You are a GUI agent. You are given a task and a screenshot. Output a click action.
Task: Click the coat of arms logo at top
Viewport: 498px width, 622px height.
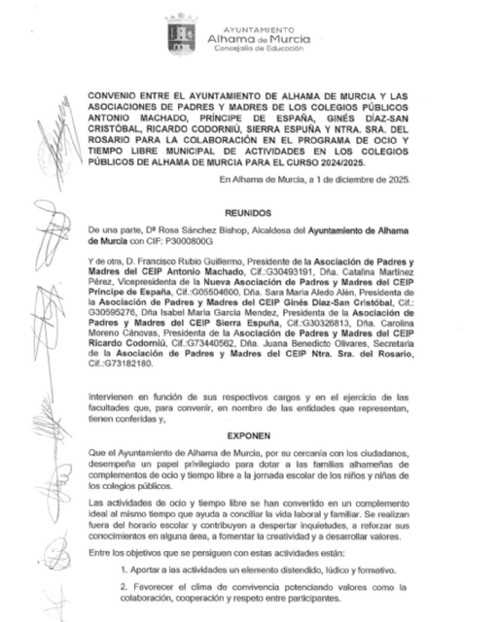click(x=181, y=32)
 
